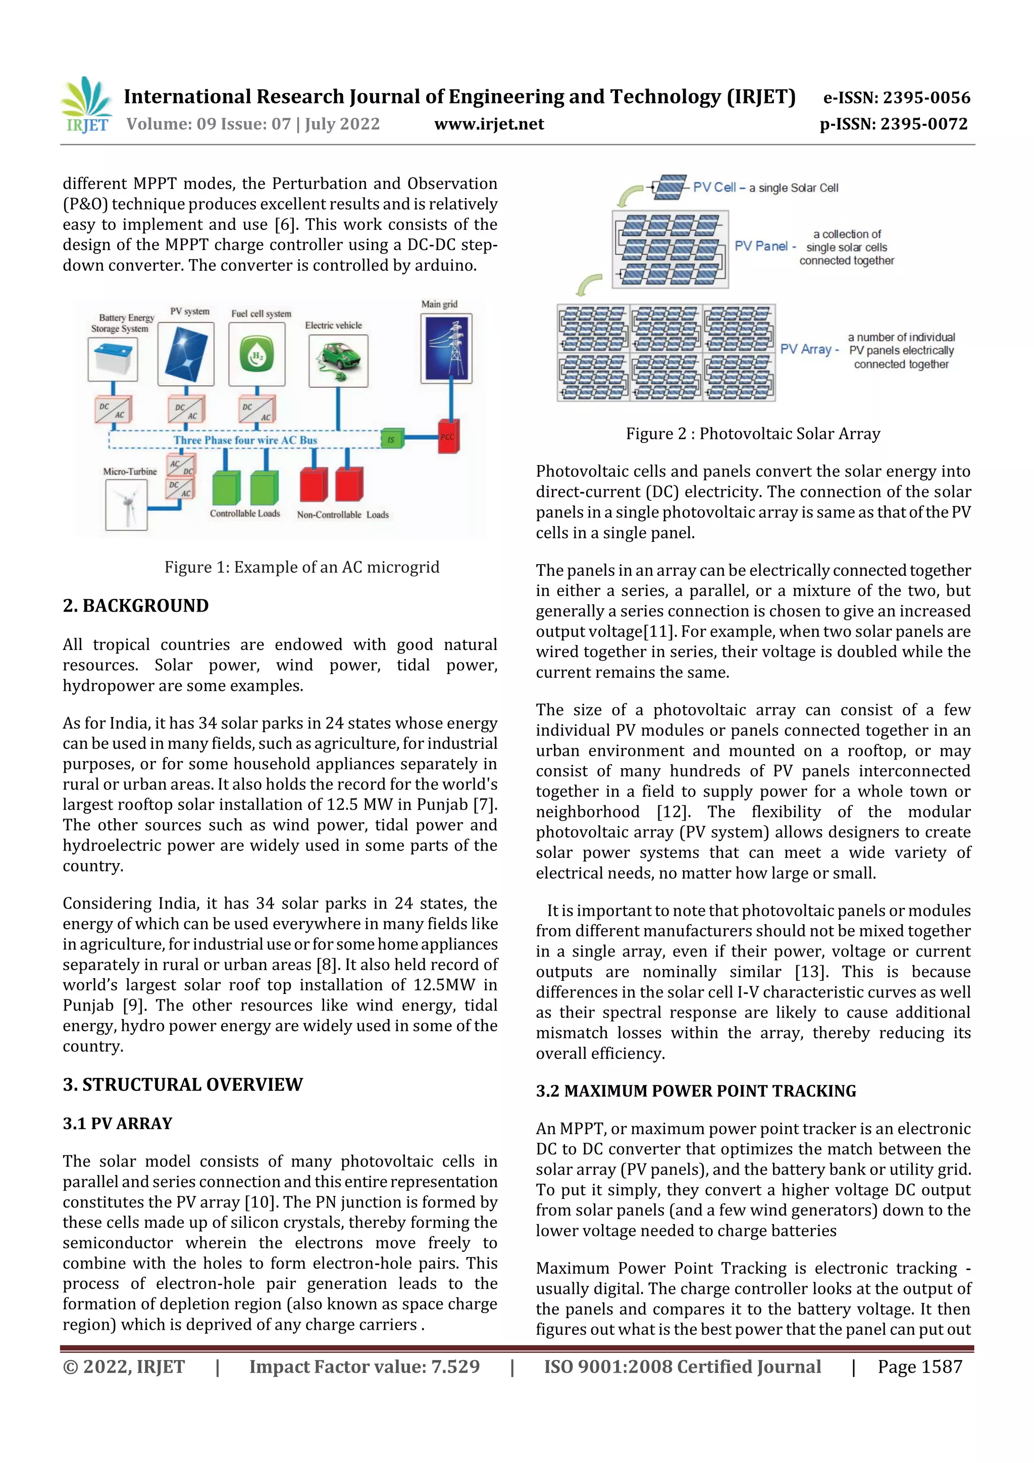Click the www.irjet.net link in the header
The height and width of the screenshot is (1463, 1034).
pyautogui.click(x=489, y=124)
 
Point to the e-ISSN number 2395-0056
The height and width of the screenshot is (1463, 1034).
pyautogui.click(x=896, y=97)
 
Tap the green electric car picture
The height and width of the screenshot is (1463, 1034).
pyautogui.click(x=338, y=361)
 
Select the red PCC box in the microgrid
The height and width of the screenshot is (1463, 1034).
pyautogui.click(x=448, y=436)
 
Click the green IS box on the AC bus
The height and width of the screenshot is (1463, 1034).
pyautogui.click(x=391, y=439)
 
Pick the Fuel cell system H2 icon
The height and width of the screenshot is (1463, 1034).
pyautogui.click(x=257, y=355)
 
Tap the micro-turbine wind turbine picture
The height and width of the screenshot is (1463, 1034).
pyautogui.click(x=126, y=504)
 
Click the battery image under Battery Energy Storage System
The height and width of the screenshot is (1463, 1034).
pyautogui.click(x=113, y=360)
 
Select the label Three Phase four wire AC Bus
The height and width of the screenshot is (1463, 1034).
pyautogui.click(x=245, y=440)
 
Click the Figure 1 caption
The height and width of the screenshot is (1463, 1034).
pyautogui.click(x=302, y=567)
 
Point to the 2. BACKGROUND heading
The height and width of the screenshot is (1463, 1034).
pyautogui.click(x=136, y=606)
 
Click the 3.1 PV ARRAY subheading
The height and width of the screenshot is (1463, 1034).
pyautogui.click(x=117, y=1123)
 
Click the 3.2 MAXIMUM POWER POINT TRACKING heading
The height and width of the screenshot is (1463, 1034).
pyautogui.click(x=696, y=1091)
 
